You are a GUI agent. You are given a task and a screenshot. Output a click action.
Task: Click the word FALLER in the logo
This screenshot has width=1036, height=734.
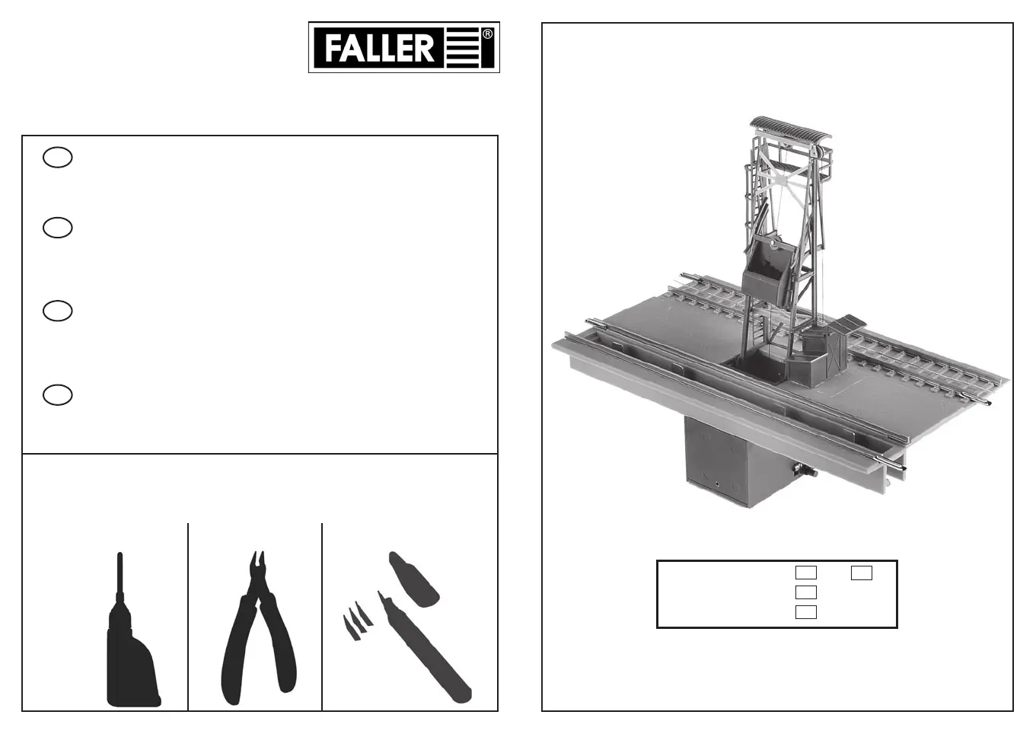379,48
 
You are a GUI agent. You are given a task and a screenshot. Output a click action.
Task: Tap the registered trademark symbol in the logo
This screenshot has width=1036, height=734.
487,34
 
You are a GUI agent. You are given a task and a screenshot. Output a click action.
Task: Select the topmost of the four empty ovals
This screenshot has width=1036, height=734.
58,158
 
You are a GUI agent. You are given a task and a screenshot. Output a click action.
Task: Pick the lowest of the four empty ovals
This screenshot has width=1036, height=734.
58,395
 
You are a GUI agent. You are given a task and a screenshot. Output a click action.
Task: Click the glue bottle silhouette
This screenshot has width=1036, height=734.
131,638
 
